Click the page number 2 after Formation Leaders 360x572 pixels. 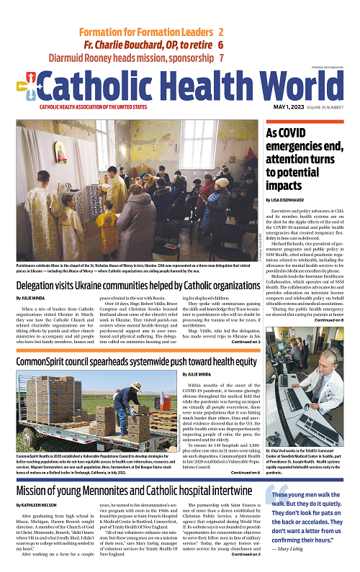point(220,32)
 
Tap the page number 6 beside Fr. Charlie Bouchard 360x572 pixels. point(220,45)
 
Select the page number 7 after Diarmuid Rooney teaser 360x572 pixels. point(220,58)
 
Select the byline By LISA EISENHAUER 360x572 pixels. point(287,197)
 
